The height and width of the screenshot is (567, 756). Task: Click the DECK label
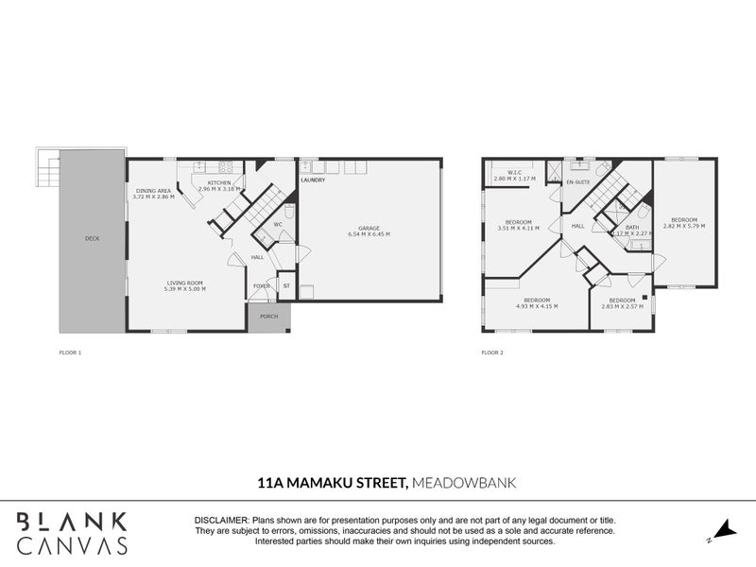[92, 238]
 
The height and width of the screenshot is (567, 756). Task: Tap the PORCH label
[269, 318]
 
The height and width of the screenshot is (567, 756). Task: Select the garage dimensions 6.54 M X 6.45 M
[369, 234]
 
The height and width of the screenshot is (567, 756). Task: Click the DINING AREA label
[153, 191]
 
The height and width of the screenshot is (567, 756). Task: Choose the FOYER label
[261, 285]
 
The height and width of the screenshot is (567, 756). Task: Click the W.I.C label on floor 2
[514, 172]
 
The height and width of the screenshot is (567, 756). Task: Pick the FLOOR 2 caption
[492, 352]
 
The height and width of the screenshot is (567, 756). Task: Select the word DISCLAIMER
[220, 521]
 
